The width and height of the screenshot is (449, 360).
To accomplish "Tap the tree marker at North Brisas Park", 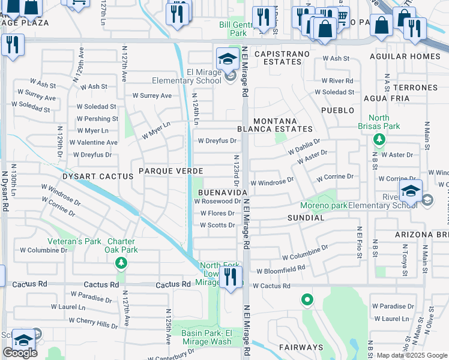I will pos(379,140).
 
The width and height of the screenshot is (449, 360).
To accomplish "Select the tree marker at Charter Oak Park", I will pos(121,263).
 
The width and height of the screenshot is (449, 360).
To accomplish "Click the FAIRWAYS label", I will pos(301,347).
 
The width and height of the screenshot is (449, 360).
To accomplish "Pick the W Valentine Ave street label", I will pos(94,143).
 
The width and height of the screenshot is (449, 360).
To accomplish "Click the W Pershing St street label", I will pos(97,119).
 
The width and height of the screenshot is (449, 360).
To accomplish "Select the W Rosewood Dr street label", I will pos(217,202).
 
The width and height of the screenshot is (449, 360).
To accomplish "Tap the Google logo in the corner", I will pos(20,353).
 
